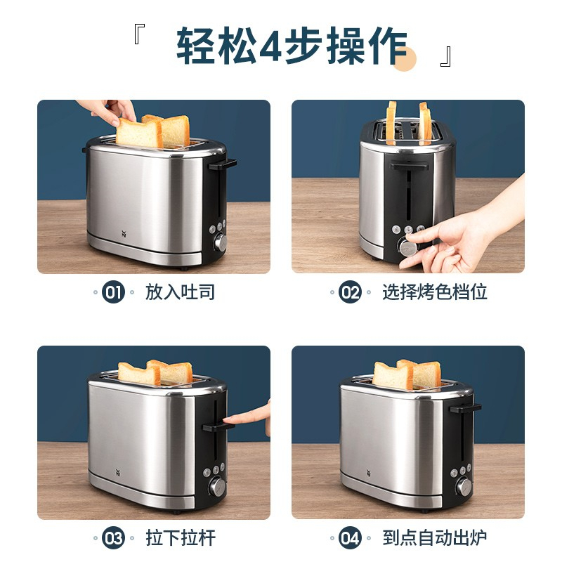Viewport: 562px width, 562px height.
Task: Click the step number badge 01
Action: coord(113,292)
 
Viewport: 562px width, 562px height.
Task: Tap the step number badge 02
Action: coord(350,292)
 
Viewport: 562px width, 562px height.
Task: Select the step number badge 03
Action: coord(113,538)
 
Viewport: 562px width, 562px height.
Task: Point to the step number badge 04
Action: coord(350,538)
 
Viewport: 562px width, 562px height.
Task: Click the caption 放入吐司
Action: coord(180,292)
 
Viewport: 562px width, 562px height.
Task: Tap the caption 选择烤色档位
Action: coord(435,292)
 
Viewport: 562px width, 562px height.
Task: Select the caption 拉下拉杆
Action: coord(181,538)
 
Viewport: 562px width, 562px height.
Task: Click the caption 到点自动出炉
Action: coord(435,538)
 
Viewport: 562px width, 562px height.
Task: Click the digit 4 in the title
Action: coord(270,46)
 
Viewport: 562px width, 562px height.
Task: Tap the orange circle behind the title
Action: coord(405,59)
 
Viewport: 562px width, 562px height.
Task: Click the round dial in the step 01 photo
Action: coord(221,242)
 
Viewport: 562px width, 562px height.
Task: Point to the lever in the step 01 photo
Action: coord(223,164)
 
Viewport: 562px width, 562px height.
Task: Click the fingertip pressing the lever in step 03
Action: coord(228,419)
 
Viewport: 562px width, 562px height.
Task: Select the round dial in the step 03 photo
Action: coord(217,487)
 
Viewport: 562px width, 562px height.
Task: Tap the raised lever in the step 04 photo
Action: coord(465,408)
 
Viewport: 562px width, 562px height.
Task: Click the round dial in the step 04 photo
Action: coord(464,486)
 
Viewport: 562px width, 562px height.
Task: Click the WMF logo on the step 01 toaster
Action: coord(124,234)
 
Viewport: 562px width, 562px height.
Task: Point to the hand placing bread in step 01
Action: coord(110,111)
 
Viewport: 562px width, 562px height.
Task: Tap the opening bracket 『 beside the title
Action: coord(139,34)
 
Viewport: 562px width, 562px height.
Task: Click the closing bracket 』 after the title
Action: coord(445,57)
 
